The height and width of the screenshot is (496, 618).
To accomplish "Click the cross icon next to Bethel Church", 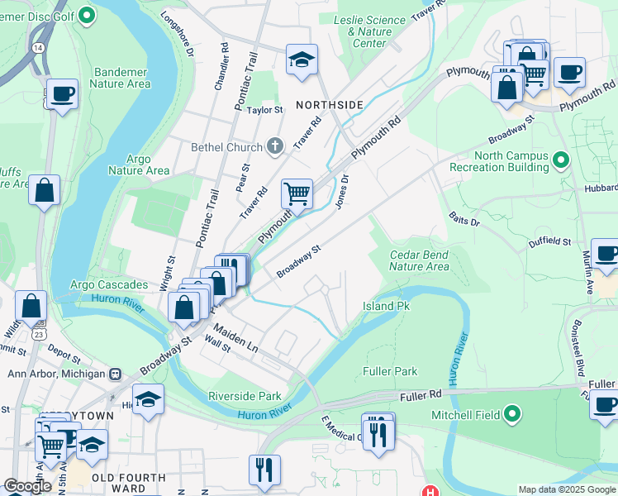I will click(276, 147).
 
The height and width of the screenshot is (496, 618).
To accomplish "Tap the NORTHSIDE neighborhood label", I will click(330, 105).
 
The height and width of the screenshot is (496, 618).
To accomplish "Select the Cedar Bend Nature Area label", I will click(419, 260).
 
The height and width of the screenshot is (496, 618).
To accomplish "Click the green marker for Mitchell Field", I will click(512, 413).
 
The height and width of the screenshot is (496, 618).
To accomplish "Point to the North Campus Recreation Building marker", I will click(562, 160).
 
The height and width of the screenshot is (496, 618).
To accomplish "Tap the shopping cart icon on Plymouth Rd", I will click(297, 194).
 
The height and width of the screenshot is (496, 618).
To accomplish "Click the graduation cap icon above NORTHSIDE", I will click(302, 60).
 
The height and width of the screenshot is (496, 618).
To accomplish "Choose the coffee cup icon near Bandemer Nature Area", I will click(62, 94).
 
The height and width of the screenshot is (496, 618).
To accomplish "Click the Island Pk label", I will click(386, 306).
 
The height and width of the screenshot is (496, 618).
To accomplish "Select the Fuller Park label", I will click(390, 372).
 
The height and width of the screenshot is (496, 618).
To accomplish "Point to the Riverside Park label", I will click(246, 396).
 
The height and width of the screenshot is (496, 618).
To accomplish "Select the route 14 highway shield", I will click(38, 48).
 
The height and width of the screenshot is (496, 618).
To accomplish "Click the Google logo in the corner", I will click(28, 486).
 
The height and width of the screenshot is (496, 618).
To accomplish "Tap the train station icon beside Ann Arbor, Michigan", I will click(114, 374).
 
